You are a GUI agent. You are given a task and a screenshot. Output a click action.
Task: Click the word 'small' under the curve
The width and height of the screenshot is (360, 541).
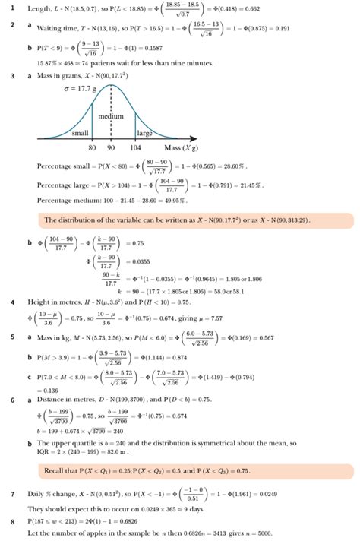[80, 133]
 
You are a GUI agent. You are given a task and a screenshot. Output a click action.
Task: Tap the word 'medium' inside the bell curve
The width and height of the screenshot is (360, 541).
[111, 116]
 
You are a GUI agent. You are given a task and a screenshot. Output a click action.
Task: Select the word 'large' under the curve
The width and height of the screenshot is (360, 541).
[144, 133]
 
